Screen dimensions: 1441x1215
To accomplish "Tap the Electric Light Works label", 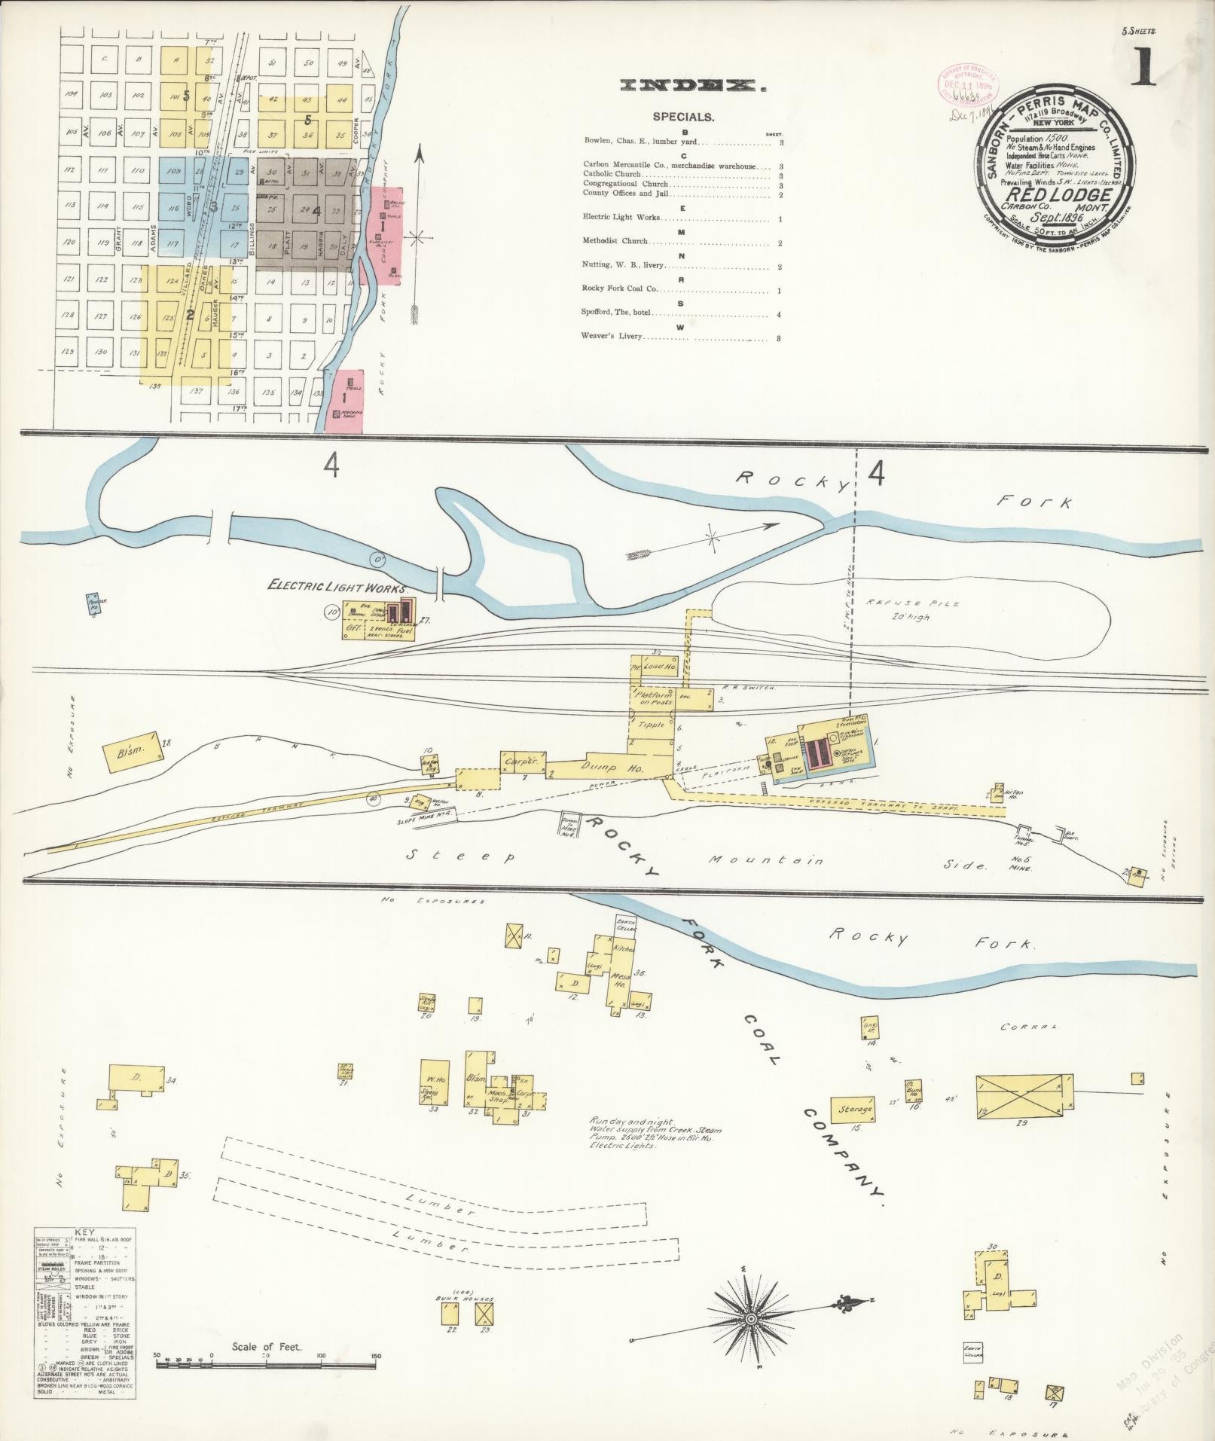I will coord(337,588).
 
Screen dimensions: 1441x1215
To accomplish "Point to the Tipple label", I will coord(652,725).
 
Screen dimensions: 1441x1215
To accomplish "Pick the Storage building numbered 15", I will coord(854,1109).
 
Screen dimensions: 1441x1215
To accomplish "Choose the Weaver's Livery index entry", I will coord(612,336).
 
